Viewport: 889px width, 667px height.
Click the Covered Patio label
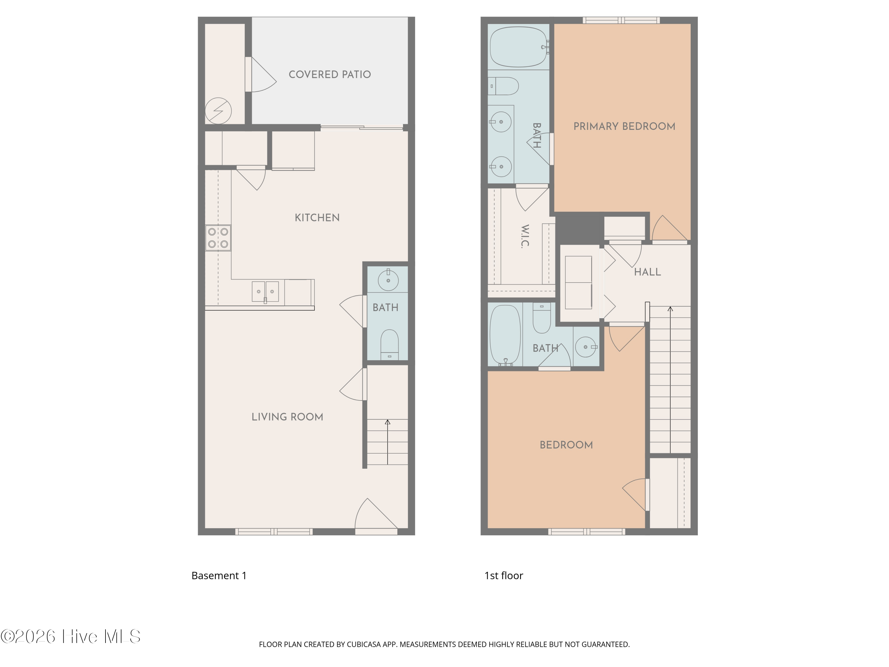pos(330,74)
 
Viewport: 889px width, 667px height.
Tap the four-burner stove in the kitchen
pos(218,238)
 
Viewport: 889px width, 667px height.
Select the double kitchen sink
pos(265,291)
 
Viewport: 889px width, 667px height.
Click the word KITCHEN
pos(317,218)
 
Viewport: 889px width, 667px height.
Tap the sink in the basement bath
pos(388,280)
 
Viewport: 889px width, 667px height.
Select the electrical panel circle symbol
pos(218,111)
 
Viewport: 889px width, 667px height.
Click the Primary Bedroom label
pos(624,126)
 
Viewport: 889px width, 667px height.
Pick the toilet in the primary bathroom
pos(504,86)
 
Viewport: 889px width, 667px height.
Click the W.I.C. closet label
pos(525,236)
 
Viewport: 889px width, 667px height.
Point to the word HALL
pos(647,272)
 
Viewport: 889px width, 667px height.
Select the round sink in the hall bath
pos(586,347)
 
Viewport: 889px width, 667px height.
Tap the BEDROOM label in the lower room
pos(566,445)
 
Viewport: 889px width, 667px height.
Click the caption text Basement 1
pos(219,576)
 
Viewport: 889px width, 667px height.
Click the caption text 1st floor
pos(503,576)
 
